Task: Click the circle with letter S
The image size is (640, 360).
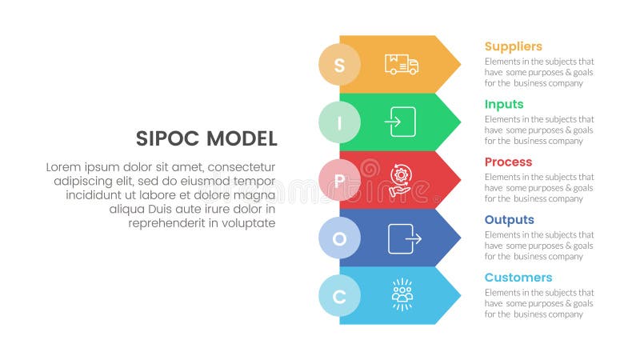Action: [x=339, y=65]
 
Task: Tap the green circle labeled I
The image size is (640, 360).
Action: [x=339, y=122]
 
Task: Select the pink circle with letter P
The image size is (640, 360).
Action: [x=339, y=180]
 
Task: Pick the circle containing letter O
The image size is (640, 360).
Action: [x=339, y=238]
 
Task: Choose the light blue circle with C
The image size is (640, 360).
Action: [x=339, y=296]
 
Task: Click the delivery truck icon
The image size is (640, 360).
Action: [x=402, y=65]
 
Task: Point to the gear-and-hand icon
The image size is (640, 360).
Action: [x=402, y=180]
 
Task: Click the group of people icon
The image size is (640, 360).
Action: [x=402, y=295]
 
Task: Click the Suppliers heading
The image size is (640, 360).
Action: [x=513, y=46]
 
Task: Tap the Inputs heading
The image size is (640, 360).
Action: [x=504, y=104]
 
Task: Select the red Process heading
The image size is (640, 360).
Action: [x=508, y=162]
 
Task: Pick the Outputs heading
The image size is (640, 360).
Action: [x=509, y=220]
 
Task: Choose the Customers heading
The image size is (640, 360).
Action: [x=518, y=278]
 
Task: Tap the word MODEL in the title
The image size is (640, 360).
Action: [x=242, y=139]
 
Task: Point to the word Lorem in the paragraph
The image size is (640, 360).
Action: [x=63, y=167]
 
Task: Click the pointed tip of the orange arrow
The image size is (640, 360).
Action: [x=459, y=64]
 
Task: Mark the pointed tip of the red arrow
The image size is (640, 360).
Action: [x=459, y=180]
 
